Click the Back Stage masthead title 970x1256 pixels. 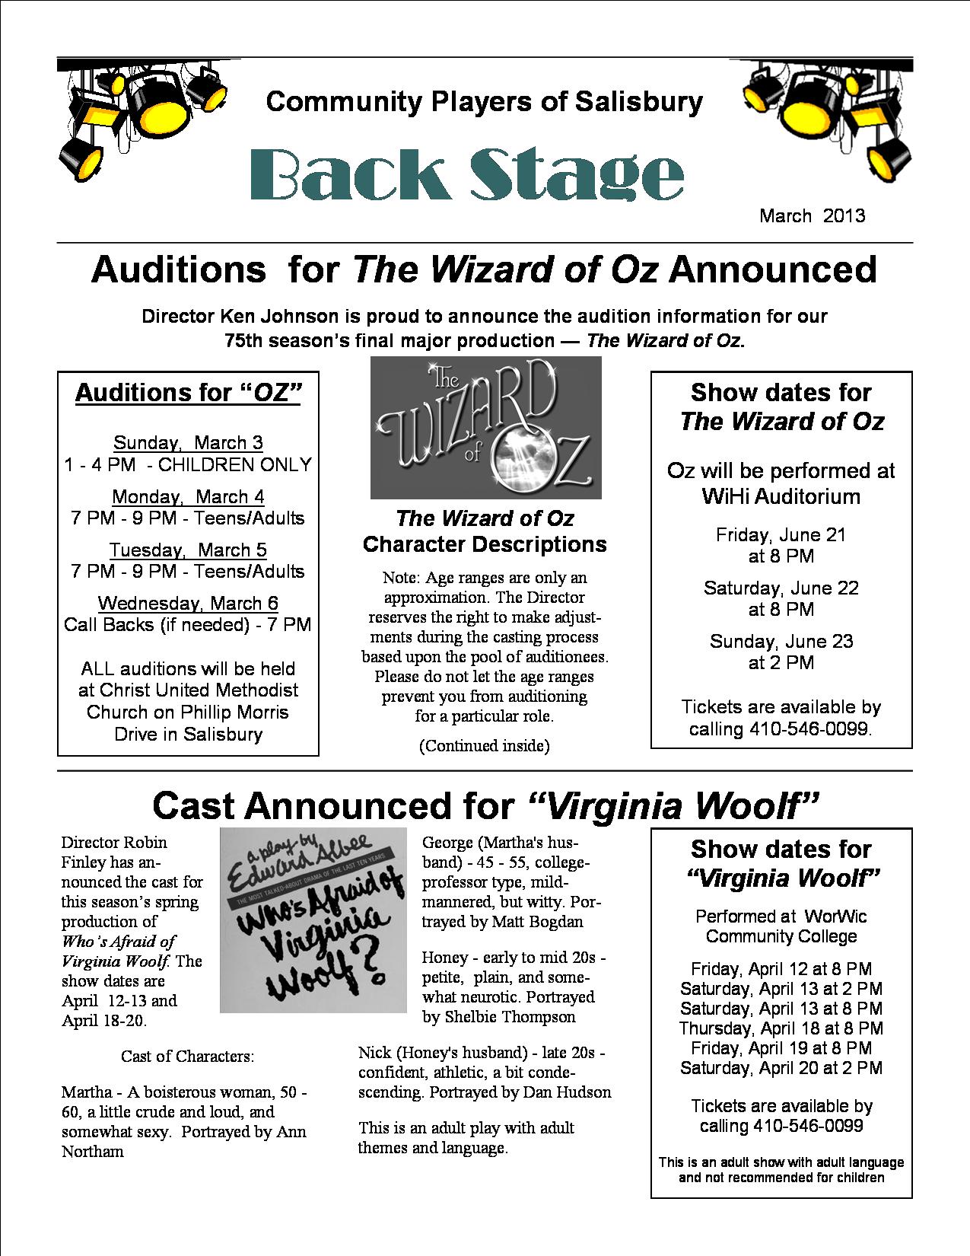(466, 175)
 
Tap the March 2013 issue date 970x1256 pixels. (812, 215)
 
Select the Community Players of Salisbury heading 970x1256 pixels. (485, 101)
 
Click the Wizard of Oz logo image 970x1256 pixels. (485, 427)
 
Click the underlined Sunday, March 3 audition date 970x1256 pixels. (188, 442)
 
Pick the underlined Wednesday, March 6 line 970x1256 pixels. (188, 603)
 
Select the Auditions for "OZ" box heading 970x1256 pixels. (188, 393)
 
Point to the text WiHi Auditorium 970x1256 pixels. (781, 496)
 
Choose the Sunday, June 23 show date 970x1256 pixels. (781, 641)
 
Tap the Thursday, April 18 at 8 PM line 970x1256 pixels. (781, 1028)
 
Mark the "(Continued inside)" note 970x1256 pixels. (484, 746)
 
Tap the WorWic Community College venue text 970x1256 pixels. (781, 926)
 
